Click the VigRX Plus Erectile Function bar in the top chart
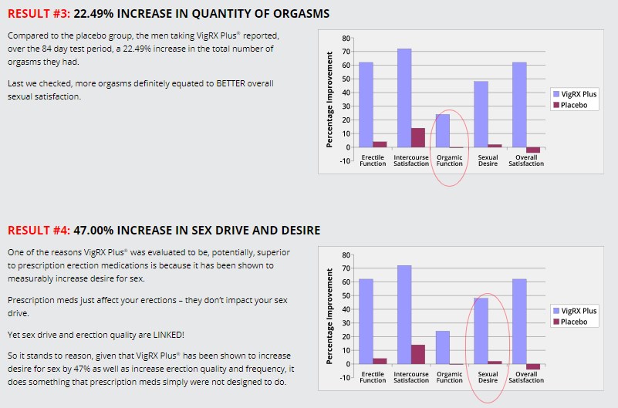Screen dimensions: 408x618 366,104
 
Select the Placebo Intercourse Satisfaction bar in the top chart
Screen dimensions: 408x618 418,137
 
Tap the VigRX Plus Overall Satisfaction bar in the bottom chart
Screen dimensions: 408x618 519,321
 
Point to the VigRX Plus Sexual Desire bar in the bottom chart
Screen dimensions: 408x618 481,331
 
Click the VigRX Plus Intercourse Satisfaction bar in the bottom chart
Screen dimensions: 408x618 404,314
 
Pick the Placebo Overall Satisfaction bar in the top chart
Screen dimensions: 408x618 533,150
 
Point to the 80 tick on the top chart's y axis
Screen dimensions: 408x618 346,38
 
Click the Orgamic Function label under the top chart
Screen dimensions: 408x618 449,160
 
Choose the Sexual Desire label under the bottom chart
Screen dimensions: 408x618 488,377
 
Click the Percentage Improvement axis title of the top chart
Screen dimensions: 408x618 329,99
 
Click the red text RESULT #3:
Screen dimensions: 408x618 39,14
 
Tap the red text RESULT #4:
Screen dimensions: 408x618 39,231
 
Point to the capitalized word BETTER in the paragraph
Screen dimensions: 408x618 204,83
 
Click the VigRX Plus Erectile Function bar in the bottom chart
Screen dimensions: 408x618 366,321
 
